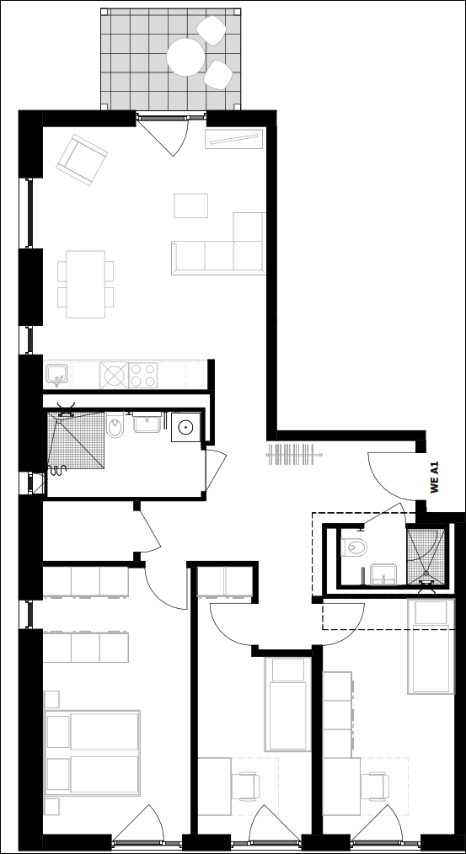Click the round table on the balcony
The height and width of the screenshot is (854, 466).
185,56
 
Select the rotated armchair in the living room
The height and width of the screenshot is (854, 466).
82,160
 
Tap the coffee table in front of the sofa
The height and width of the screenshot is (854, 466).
190,205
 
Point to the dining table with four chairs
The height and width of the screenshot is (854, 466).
86,284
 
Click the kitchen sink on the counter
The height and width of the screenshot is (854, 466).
56,374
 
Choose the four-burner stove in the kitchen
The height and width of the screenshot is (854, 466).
143,375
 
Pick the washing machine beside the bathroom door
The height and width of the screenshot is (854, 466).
186,427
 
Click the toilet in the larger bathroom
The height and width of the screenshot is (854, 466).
115,426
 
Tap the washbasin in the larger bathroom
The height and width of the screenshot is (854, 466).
147,422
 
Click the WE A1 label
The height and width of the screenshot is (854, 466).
434,478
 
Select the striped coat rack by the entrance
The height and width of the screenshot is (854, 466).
294,454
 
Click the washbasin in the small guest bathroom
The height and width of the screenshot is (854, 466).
384,574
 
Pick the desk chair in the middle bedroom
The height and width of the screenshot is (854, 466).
245,786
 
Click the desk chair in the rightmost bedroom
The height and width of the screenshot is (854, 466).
376,786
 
